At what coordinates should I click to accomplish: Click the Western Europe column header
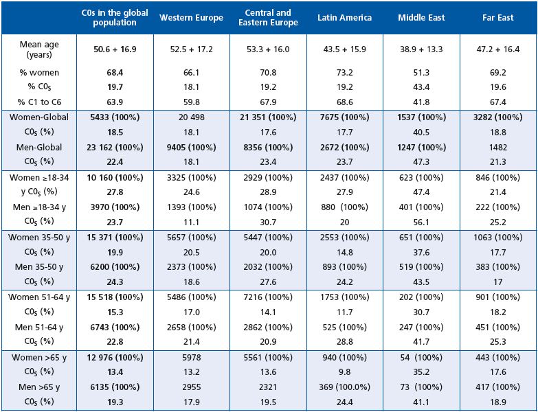tap(191, 18)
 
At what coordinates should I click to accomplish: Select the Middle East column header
tap(421, 18)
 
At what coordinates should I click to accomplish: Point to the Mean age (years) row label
tap(39, 49)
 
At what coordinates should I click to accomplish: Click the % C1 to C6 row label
tap(39, 103)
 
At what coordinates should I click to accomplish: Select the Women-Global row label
tap(39, 117)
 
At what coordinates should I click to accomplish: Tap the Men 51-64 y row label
tap(39, 327)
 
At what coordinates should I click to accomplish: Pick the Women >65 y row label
tap(39, 357)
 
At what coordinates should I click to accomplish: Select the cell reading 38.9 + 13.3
tap(421, 49)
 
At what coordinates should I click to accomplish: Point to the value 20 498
tap(191, 117)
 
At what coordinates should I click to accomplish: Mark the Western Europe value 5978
tap(191, 357)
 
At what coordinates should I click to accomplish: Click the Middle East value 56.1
tap(421, 222)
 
